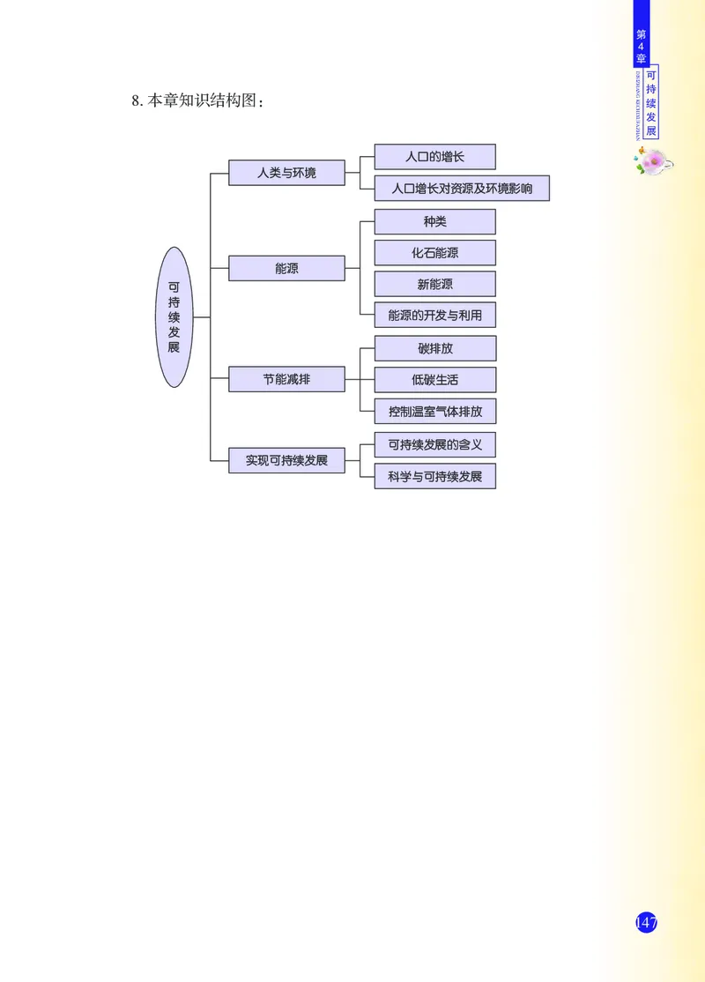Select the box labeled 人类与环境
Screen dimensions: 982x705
point(286,173)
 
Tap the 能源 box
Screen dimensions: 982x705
point(286,268)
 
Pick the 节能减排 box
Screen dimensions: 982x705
point(286,379)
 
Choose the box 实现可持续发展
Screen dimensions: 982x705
point(286,460)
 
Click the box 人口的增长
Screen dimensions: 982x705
point(434,157)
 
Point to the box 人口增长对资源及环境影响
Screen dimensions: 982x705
point(462,188)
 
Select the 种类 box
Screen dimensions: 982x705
point(434,221)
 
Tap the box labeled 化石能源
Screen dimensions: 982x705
point(434,253)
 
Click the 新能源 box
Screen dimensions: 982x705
point(434,284)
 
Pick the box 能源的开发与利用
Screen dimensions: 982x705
point(434,315)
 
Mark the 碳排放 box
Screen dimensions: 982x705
point(434,348)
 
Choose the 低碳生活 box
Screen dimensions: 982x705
point(434,380)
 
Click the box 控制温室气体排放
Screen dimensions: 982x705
point(434,411)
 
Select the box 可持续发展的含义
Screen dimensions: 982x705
point(434,444)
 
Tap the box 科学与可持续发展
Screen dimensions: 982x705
point(434,476)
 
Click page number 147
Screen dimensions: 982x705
point(646,923)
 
